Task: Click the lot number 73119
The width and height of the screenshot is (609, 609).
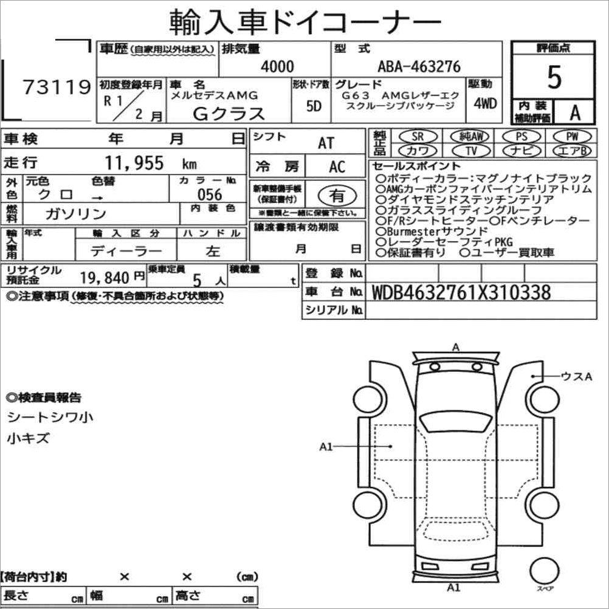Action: coord(57,88)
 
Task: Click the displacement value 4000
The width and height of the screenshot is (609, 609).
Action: coord(277,67)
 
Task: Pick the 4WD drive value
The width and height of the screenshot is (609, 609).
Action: coord(484,103)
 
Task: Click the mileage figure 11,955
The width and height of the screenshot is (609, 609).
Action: coord(134,162)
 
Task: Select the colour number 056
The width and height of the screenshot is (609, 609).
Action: coord(209,194)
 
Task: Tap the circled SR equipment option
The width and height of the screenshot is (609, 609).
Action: coord(418,137)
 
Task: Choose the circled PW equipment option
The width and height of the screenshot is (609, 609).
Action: coord(571,137)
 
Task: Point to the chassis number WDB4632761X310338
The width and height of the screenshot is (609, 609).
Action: coord(460,292)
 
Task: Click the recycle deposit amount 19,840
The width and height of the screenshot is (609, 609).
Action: coord(105,278)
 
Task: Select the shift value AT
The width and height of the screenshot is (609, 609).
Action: coord(326,143)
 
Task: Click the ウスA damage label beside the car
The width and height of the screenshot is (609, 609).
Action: coord(575,377)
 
